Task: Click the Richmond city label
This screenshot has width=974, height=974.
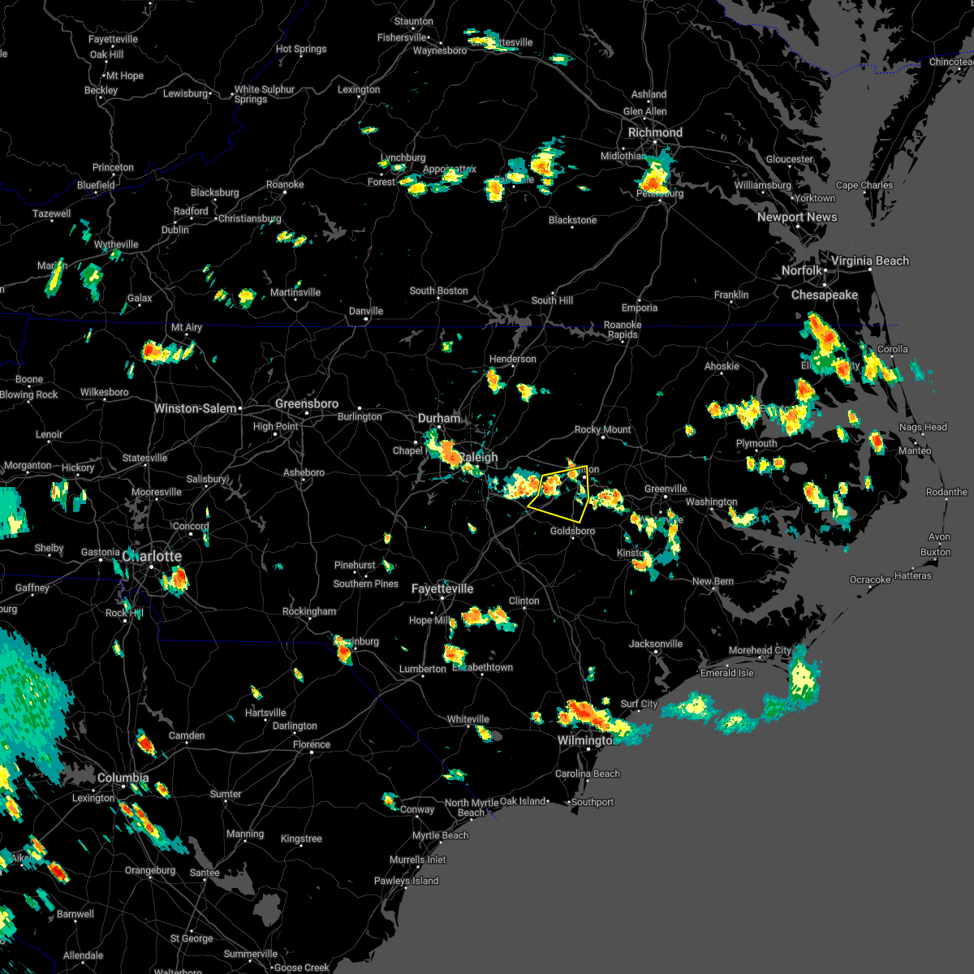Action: click(x=655, y=132)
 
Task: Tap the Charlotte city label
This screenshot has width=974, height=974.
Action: click(x=153, y=557)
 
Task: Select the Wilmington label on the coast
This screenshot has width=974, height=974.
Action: click(x=585, y=741)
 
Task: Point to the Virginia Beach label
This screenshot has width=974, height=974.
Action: click(x=869, y=261)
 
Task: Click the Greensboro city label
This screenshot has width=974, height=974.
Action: click(x=307, y=403)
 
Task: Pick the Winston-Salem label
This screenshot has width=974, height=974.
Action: click(x=195, y=408)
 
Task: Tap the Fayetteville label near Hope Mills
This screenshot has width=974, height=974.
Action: click(x=442, y=588)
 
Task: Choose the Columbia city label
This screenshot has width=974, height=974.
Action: click(x=123, y=778)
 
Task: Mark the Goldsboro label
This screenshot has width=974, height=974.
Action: click(x=572, y=531)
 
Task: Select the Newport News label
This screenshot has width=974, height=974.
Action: click(x=796, y=217)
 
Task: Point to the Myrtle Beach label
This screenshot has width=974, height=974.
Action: click(x=441, y=835)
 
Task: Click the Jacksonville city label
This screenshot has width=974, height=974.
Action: click(x=656, y=644)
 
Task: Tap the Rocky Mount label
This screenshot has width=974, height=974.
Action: click(x=602, y=429)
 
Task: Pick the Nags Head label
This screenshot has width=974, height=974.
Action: click(x=923, y=427)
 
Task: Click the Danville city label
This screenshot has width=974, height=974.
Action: click(x=365, y=311)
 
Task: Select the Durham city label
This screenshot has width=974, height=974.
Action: click(x=438, y=418)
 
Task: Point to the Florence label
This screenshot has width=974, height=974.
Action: click(x=312, y=744)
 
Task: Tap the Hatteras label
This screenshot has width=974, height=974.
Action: click(x=913, y=575)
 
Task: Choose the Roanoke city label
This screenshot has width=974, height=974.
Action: click(x=285, y=184)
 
